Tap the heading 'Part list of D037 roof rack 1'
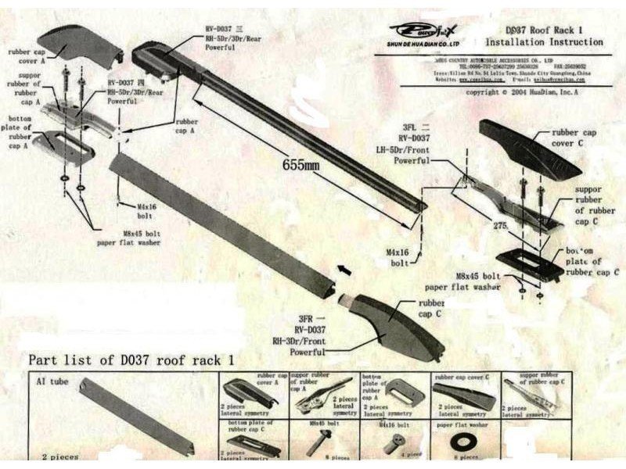132,360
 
